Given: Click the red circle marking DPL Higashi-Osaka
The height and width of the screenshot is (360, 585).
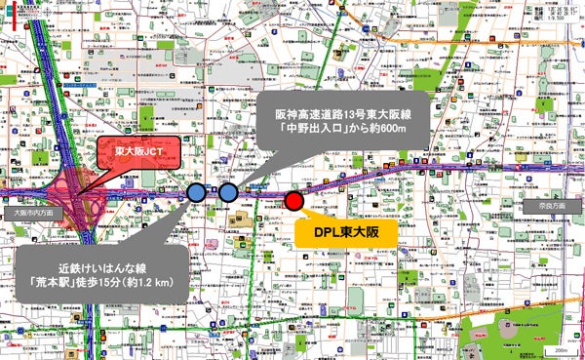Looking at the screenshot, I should pyautogui.click(x=293, y=201).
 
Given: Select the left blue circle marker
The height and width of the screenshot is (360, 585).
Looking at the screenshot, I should pyautogui.click(x=196, y=192).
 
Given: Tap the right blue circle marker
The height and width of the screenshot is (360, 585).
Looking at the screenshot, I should pyautogui.click(x=228, y=192).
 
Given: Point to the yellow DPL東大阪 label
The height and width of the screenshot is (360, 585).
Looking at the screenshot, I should pyautogui.click(x=336, y=233).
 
